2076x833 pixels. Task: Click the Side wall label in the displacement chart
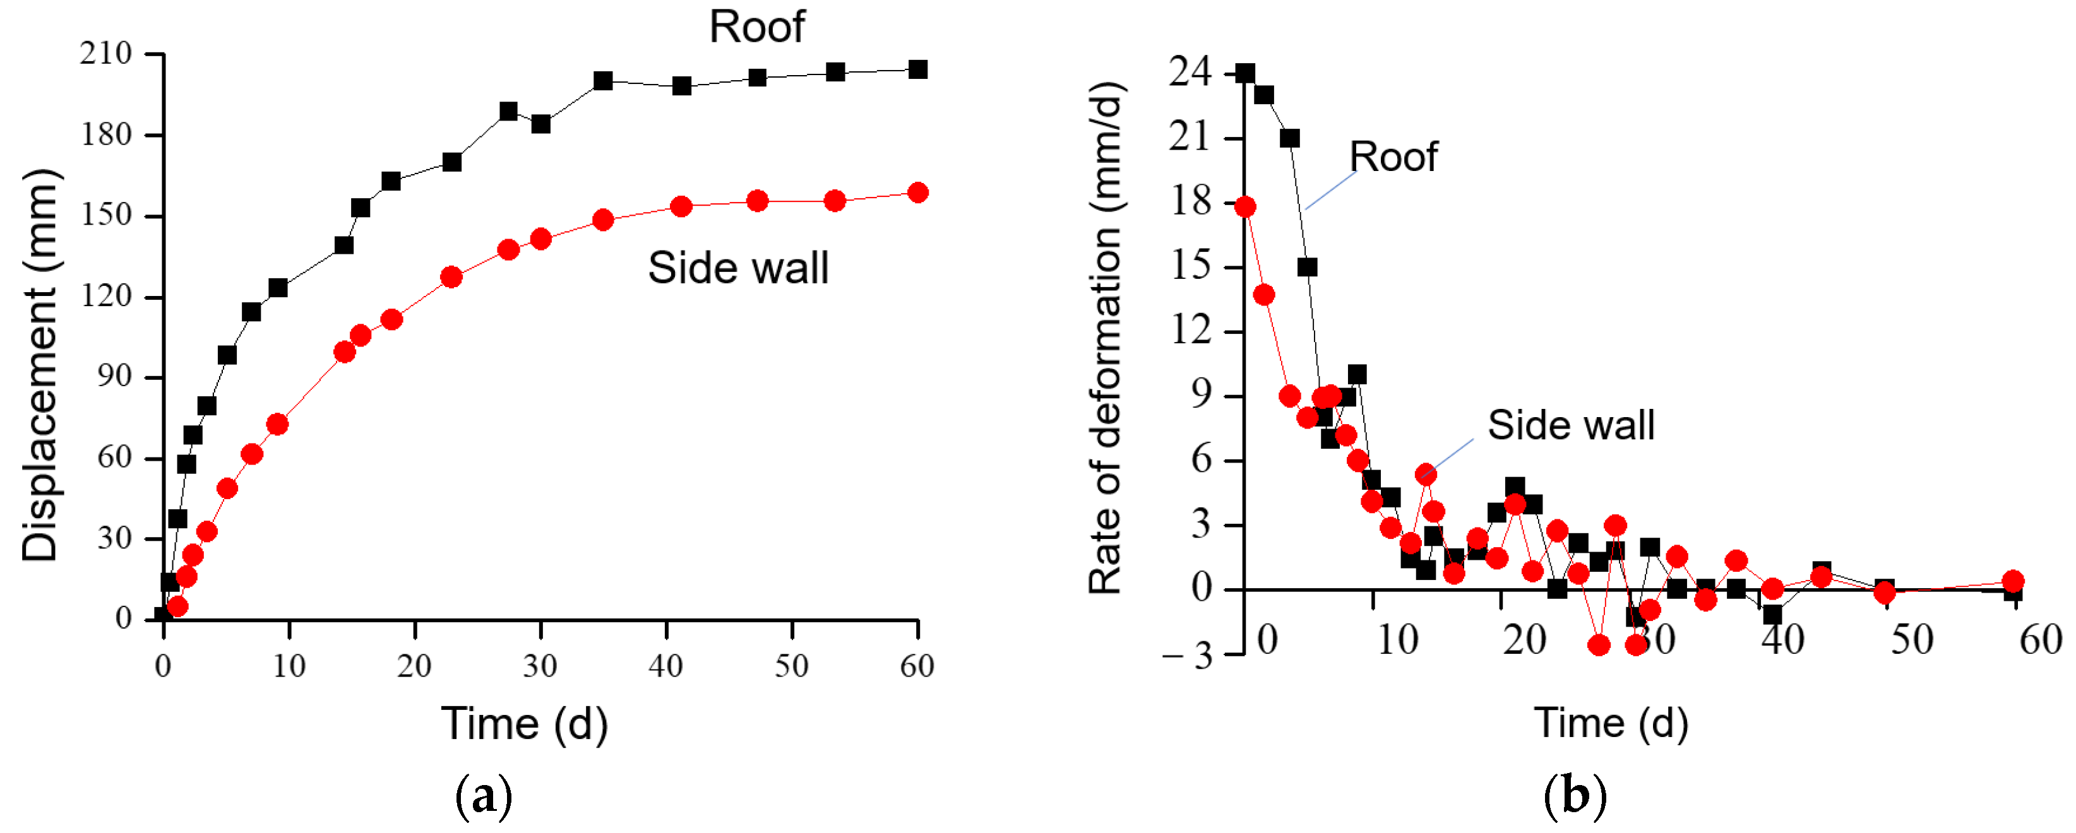pos(737,268)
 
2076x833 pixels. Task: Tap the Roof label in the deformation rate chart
pos(1393,157)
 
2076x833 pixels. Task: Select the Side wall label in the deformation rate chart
pos(1570,425)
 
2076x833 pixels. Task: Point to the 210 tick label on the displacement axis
pos(105,54)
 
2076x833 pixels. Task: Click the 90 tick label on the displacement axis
pos(114,376)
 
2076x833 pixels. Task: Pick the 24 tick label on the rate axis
pos(1190,73)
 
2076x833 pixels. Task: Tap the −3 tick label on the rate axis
pos(1188,655)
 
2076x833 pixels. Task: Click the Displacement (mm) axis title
pos(40,364)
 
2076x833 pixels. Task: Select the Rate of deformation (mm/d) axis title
pos(1106,338)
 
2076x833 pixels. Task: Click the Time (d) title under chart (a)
pos(524,723)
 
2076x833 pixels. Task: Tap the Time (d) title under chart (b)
pos(1610,722)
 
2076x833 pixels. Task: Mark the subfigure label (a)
pos(484,796)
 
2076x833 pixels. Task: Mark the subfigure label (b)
pos(1575,796)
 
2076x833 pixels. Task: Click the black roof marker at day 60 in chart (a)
pos(917,70)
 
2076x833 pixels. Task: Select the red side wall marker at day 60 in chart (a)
pos(917,192)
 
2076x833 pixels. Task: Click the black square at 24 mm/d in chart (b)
pos(1245,73)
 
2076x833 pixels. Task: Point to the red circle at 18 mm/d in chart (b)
pos(1245,207)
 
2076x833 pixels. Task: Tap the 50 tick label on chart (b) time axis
pos(1912,641)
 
